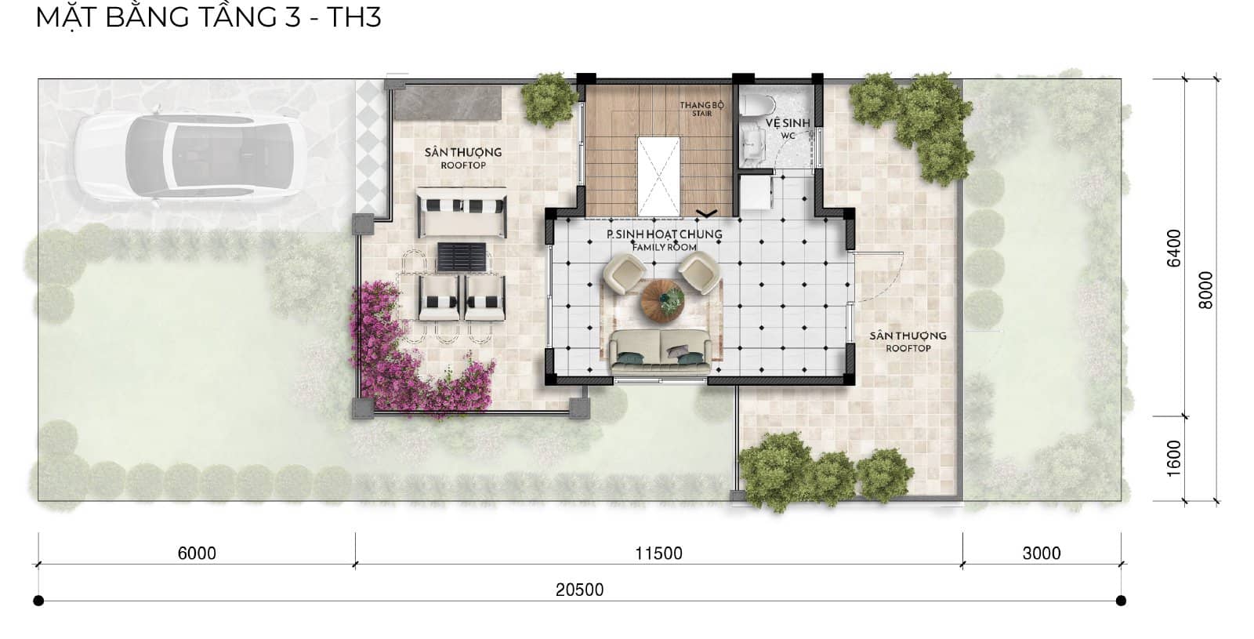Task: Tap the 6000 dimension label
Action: pos(197,554)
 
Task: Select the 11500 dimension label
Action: pos(658,554)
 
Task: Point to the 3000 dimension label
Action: pos(1042,554)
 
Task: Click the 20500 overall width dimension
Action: pos(579,590)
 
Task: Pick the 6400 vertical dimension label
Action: pos(1174,248)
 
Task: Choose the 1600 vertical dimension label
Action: pos(1174,458)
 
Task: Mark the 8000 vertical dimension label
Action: pos(1206,290)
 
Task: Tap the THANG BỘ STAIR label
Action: pos(702,109)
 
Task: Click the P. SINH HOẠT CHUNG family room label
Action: pos(665,240)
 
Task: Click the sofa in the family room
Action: pos(661,351)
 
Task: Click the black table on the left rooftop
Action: pos(462,256)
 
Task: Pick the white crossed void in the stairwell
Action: pos(659,176)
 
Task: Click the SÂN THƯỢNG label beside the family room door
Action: pos(908,341)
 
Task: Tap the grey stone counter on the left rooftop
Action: pos(447,103)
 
